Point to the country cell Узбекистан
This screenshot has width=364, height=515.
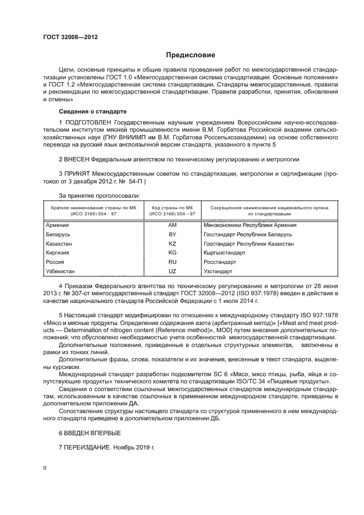(62, 271)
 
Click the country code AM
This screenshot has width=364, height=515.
(172, 225)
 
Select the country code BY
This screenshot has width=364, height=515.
(172, 234)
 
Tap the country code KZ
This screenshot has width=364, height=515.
(172, 243)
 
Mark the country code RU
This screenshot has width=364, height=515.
(172, 262)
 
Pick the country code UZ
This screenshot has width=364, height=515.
(172, 271)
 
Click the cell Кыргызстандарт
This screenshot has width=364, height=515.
(224, 252)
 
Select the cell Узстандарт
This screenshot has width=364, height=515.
(219, 271)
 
